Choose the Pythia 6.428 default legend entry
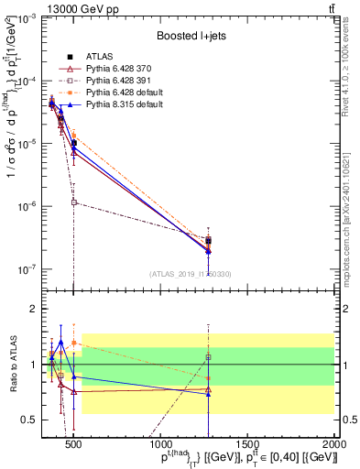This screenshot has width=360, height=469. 125,93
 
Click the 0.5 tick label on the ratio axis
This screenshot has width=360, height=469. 27,420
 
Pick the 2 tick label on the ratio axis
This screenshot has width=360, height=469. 31,309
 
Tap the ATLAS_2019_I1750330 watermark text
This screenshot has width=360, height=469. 190,273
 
